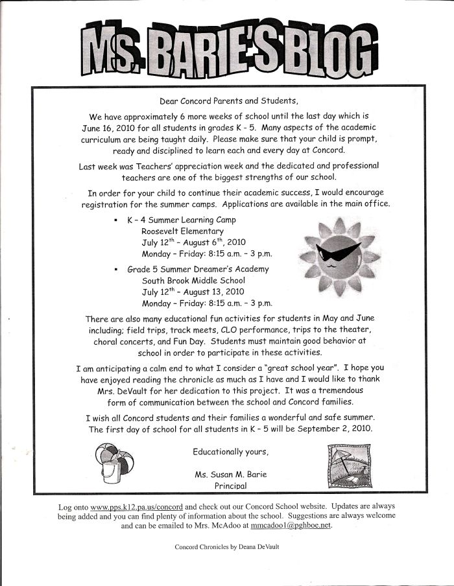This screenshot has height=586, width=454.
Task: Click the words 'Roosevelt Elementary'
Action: point(182,231)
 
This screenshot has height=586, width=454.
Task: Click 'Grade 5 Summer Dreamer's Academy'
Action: point(197,269)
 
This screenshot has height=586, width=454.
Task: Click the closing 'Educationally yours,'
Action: point(230,451)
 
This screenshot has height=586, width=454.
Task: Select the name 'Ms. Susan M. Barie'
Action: point(230,474)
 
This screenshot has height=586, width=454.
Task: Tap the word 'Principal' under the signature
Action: point(230,485)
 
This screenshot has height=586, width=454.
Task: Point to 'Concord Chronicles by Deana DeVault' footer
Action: point(226,547)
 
